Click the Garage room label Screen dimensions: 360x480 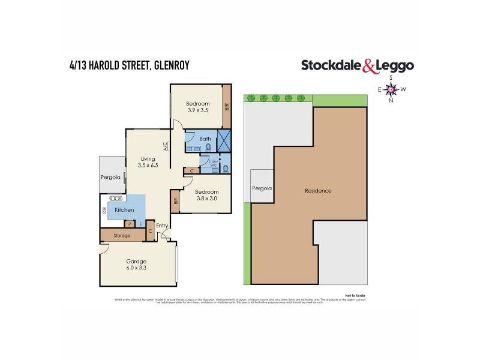point(136,262)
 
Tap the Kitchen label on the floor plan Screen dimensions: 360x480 point(124,210)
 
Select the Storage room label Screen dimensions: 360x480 point(122,236)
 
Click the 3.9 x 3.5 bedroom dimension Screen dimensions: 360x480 point(197,110)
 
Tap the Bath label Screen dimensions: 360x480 point(205,137)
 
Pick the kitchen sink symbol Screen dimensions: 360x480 point(115,198)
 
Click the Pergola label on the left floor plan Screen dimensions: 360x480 point(111,178)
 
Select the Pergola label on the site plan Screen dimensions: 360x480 point(262,188)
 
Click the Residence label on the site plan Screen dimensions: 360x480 point(318,191)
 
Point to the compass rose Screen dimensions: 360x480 point(391,89)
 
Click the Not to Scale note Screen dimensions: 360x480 point(355,295)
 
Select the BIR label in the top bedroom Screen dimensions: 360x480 point(227,107)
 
